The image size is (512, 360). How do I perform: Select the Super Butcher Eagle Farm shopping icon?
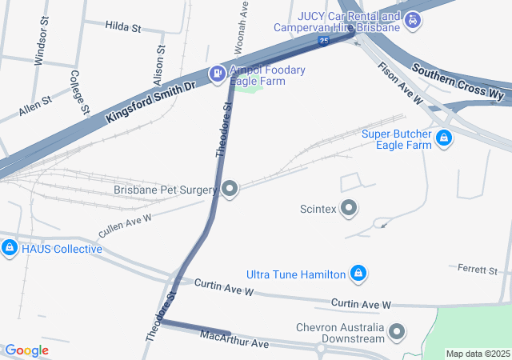coord(443,140)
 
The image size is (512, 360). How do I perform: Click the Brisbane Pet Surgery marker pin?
coord(230,190)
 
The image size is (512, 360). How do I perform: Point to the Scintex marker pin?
coord(349,209)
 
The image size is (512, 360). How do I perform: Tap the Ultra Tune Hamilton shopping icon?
coord(359,274)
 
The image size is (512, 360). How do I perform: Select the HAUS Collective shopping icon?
coord(10,249)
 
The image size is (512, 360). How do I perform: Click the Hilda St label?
coord(122,26)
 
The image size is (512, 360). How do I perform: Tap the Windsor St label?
coord(42,49)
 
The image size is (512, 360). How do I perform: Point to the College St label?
coord(78,90)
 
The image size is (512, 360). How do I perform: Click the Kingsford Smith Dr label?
coord(150,100)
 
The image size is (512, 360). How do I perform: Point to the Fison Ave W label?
coord(400,84)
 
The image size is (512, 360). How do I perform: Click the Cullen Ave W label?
coord(125,223)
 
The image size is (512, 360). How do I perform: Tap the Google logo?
coord(26,350)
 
